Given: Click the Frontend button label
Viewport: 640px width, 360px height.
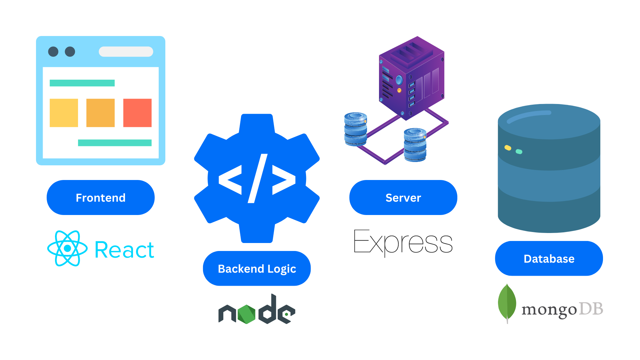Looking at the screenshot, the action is click(101, 198).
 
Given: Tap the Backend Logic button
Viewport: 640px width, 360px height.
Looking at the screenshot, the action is click(257, 268).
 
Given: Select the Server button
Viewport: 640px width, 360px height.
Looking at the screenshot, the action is click(403, 198).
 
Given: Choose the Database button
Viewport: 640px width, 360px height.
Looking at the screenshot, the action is click(549, 259).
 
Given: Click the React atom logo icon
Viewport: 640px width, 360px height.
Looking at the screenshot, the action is click(67, 248).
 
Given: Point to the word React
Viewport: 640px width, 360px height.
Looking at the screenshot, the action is click(124, 250).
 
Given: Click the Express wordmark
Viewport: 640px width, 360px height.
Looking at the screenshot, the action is click(403, 243).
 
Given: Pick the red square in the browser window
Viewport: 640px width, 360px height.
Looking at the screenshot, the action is click(137, 113).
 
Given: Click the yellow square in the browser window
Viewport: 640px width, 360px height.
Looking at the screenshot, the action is click(64, 113).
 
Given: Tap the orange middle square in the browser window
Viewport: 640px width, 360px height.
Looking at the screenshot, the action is click(100, 113).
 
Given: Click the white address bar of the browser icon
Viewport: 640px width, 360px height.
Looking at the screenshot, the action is click(126, 52).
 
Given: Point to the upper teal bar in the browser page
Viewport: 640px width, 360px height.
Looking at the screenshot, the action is click(82, 83).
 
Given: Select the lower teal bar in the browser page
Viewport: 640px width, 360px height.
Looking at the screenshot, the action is click(115, 143).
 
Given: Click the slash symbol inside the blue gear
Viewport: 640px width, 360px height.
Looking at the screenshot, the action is click(258, 178).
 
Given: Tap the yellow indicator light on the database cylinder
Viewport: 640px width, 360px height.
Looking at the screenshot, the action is click(508, 148).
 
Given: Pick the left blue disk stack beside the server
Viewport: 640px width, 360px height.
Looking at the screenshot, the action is click(356, 129).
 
